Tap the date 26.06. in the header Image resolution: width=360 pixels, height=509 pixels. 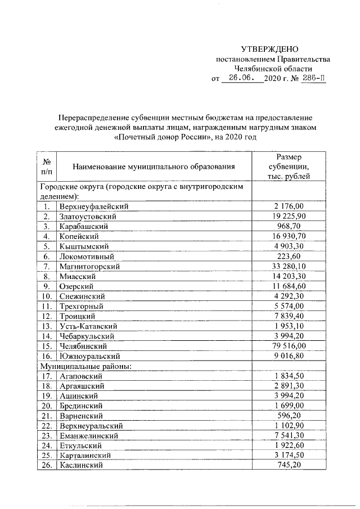[x=242, y=79]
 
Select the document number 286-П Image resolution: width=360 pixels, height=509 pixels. [x=313, y=79]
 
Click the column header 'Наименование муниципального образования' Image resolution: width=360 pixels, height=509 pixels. [x=153, y=166]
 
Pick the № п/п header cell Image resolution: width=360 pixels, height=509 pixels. [x=47, y=166]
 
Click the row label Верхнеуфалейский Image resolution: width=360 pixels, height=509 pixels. [x=94, y=206]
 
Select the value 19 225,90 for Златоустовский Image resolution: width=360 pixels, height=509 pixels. [x=289, y=216]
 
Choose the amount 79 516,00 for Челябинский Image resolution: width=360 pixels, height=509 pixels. [x=289, y=346]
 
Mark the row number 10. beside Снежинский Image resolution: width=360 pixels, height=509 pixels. [x=47, y=296]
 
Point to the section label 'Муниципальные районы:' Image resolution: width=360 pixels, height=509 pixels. [x=85, y=366]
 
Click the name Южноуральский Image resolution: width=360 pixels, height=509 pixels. [x=89, y=356]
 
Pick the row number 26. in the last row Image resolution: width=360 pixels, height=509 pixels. [x=47, y=466]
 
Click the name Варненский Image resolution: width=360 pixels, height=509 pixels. [x=80, y=416]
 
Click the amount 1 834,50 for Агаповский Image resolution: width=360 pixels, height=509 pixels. [x=289, y=376]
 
